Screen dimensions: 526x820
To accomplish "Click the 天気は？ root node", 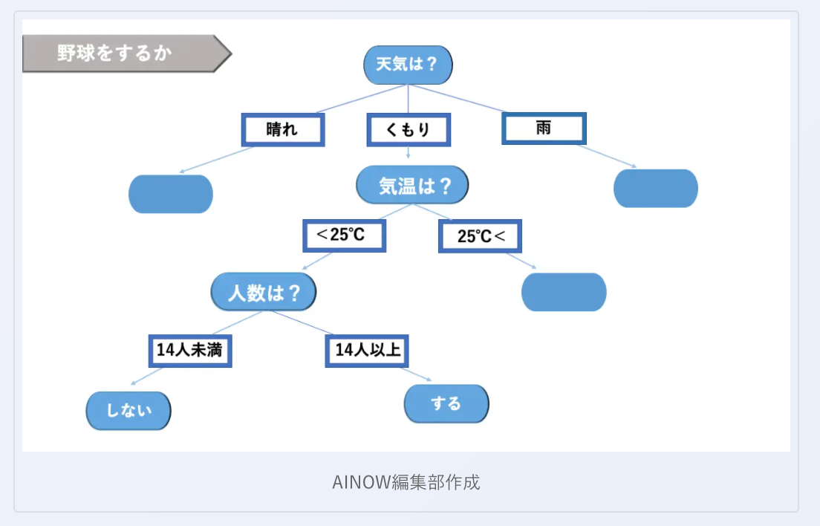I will coord(408,65).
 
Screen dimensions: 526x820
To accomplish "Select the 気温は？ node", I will coord(412,185).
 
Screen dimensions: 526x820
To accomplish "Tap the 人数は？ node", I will coord(264,292).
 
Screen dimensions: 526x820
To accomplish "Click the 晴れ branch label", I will coord(283,130).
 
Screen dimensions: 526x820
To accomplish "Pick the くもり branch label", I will coord(409,130).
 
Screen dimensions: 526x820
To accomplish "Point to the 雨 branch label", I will coord(544,128).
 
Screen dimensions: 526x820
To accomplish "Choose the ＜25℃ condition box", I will coord(344,236).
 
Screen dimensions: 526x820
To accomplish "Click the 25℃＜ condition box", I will coord(480,236).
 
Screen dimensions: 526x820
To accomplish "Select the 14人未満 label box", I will coord(189,350).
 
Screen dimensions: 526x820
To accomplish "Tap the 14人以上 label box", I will coord(368,350).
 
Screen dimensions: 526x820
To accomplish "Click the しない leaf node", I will coord(128,410).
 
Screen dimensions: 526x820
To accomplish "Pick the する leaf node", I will coord(446,404).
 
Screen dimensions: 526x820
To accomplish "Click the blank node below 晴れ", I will coord(171,194).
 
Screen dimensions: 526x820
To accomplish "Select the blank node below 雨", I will coord(656,189).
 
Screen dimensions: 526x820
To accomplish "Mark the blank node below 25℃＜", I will coord(564,292).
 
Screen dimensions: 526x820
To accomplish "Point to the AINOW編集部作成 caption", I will coord(406,482).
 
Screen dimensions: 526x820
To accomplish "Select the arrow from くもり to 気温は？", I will coord(409,153).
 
